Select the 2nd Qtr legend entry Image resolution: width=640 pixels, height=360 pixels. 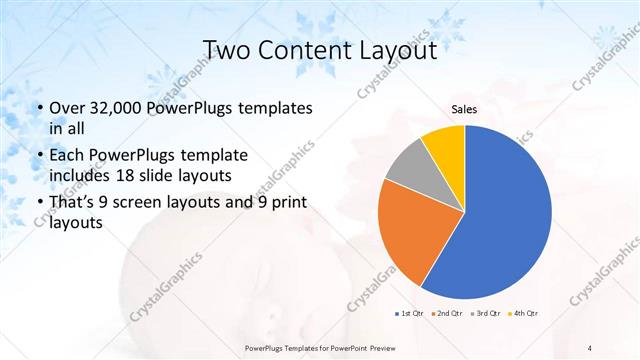pyautogui.click(x=445, y=314)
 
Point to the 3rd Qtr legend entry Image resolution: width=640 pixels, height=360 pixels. pyautogui.click(x=483, y=314)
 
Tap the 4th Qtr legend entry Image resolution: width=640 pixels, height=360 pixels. pyautogui.click(x=521, y=314)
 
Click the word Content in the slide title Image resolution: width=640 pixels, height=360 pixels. pyautogui.click(x=307, y=49)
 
